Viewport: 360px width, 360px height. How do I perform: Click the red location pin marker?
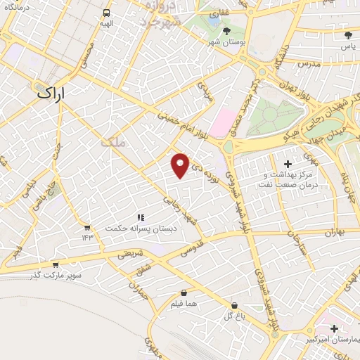pyautogui.click(x=181, y=165)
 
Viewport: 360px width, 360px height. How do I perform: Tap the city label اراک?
pyautogui.click(x=55, y=92)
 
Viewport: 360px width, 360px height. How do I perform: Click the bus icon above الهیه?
pyautogui.click(x=106, y=13)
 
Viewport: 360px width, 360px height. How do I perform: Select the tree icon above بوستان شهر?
pyautogui.click(x=226, y=31)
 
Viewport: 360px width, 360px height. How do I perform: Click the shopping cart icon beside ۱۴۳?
pyautogui.click(x=87, y=227)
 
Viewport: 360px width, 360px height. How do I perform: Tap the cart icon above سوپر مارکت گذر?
pyautogui.click(x=56, y=264)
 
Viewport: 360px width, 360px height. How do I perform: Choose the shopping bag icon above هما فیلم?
pyautogui.click(x=184, y=292)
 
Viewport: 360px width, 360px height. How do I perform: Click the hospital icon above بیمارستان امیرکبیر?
pyautogui.click(x=334, y=328)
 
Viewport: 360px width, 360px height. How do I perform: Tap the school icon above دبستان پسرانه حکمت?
pyautogui.click(x=141, y=218)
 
